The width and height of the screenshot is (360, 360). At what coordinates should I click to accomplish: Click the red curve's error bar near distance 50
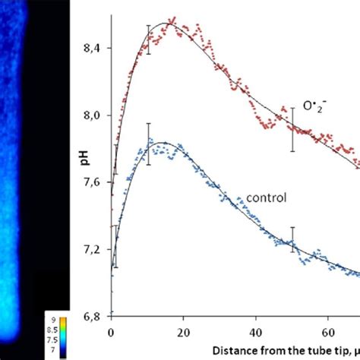pyautogui.click(x=292, y=129)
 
